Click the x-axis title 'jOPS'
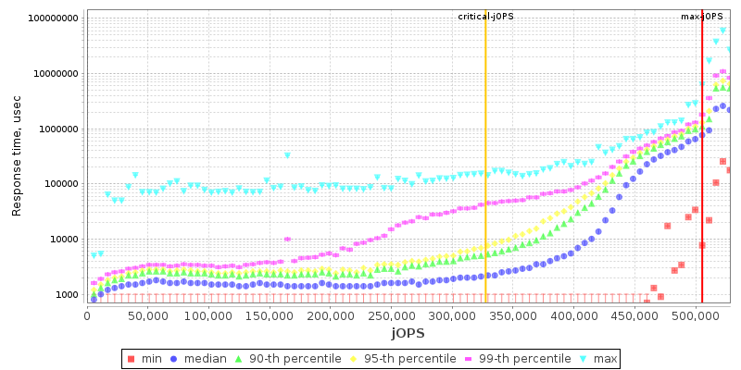(408, 332)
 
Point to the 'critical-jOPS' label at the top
(485, 17)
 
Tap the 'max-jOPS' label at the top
(702, 17)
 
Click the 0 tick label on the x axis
(87, 315)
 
